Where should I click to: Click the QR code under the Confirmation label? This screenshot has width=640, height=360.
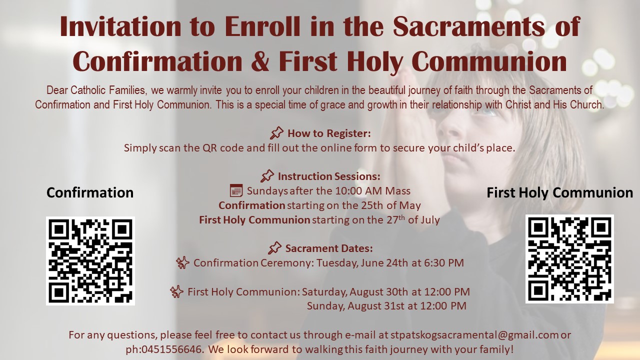click(90, 261)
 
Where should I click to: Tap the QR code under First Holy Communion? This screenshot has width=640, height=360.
click(569, 259)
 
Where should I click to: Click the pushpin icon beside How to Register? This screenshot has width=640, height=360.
click(276, 133)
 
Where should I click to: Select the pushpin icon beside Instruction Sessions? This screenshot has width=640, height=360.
click(267, 176)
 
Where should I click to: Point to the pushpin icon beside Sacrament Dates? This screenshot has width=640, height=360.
click(274, 248)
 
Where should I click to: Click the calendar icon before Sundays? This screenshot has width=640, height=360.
click(236, 190)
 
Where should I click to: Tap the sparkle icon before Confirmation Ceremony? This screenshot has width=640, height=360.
click(183, 262)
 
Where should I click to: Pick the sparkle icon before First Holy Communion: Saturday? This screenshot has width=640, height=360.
click(176, 291)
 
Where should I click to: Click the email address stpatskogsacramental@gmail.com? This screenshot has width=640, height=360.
click(474, 335)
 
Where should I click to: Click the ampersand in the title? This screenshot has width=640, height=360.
click(260, 61)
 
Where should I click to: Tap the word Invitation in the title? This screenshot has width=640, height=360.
click(120, 26)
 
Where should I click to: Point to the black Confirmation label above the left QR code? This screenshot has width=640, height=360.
click(90, 192)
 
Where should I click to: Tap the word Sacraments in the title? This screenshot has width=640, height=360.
click(468, 26)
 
